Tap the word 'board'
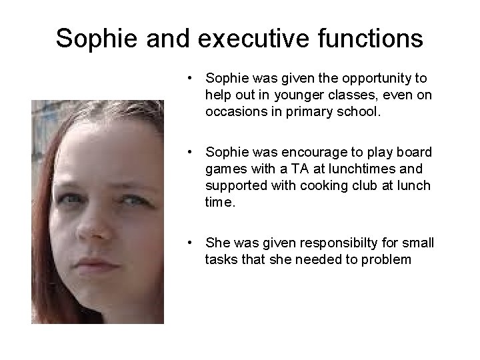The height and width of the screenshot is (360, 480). pos(415,152)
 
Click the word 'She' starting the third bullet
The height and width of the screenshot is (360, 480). pos(217,242)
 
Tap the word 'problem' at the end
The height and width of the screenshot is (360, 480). pos(387,259)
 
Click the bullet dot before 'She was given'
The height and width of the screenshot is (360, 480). pos(191,243)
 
